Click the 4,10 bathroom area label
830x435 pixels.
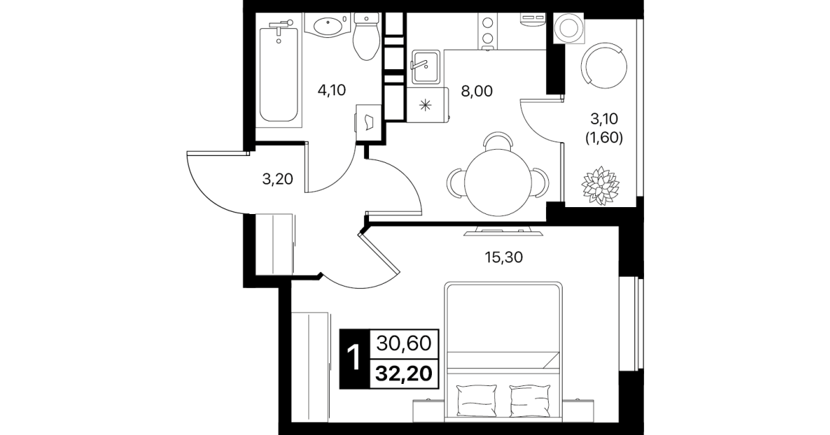tap(332, 90)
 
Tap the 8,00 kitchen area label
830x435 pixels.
tap(477, 91)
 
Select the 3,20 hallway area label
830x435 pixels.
tap(278, 180)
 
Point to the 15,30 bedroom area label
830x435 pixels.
tap(504, 258)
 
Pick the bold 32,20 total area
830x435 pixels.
tap(404, 374)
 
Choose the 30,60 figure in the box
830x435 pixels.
tap(404, 343)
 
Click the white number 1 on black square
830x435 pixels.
tap(355, 358)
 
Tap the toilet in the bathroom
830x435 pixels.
tap(366, 37)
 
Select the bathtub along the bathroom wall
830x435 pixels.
tap(279, 74)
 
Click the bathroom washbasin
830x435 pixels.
tap(328, 25)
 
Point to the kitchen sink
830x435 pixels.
tap(426, 67)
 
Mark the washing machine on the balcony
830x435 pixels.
tap(567, 28)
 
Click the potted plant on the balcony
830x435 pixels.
tap(600, 186)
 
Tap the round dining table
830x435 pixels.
tap(498, 182)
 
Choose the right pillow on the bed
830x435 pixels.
tap(530, 400)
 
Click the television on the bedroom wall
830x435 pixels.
tap(503, 232)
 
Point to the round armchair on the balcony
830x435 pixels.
tap(604, 66)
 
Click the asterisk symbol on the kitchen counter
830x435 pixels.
tap(426, 105)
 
